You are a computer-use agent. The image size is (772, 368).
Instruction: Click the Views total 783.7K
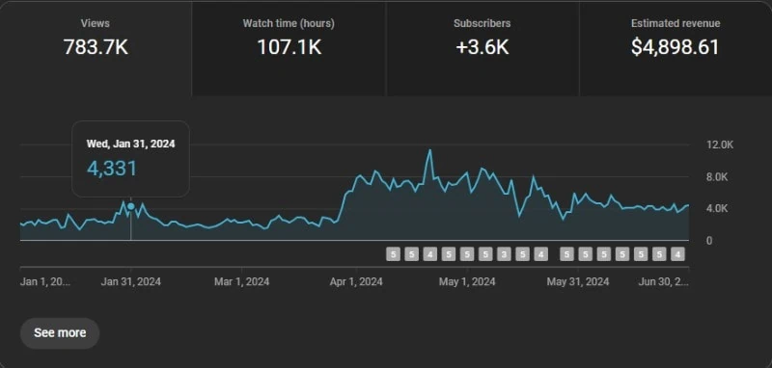pos(96,46)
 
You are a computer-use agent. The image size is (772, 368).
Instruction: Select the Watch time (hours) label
pos(289,22)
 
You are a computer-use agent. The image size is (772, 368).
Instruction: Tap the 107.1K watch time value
pos(289,46)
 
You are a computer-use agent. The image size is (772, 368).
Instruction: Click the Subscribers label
pos(482,22)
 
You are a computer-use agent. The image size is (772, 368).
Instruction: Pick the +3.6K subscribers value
pos(482,46)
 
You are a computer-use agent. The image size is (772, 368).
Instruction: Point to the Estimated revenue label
pos(675,22)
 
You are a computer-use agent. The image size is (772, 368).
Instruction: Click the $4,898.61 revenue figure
pos(675,46)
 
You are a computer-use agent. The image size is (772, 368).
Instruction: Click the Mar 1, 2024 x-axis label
pos(241,282)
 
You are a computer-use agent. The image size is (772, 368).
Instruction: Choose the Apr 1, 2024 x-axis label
pos(356,282)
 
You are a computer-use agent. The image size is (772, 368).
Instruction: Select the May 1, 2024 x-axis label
pos(467,282)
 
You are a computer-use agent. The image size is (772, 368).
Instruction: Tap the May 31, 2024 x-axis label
pos(578,282)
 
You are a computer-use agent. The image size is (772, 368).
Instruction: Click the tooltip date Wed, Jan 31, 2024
pos(130,144)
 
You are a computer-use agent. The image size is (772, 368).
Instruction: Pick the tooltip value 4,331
pos(112,169)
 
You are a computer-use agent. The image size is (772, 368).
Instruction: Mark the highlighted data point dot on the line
pos(131,206)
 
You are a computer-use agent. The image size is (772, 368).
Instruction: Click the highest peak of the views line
pos(429,150)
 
